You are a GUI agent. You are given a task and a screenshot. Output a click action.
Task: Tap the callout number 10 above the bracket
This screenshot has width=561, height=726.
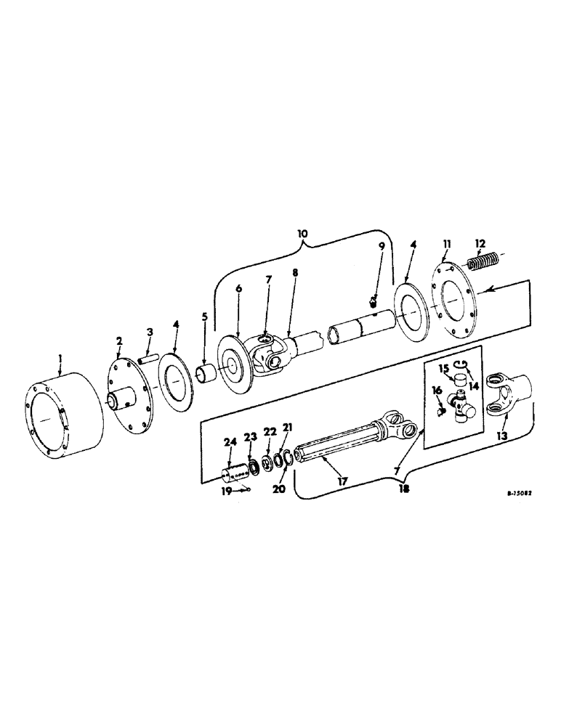303,234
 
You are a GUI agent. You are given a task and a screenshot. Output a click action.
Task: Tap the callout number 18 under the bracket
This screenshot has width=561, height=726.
403,489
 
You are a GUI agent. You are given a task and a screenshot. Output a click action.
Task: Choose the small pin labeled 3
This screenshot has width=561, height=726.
150,357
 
